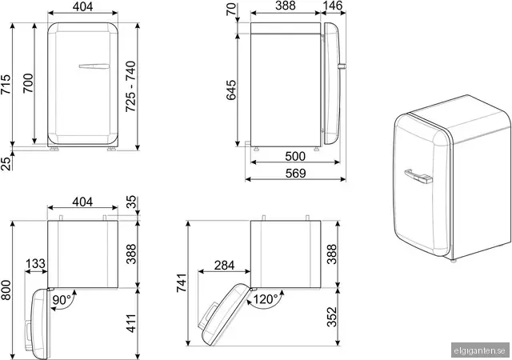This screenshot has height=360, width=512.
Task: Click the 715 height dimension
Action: tap(6, 85)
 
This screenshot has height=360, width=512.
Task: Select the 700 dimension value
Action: tap(29, 83)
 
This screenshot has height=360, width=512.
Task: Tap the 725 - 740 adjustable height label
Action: tap(131, 86)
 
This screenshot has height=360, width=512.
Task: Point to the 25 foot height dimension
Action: tap(6, 163)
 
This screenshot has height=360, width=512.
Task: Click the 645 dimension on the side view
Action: tap(231, 90)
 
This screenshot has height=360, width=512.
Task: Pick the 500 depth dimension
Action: tap(295, 157)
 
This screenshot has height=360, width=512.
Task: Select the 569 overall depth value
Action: tap(295, 174)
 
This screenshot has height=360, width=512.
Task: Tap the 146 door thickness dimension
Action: tap(333, 6)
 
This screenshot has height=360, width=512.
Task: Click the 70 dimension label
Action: tap(231, 9)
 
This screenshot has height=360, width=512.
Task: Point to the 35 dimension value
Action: tap(131, 202)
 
